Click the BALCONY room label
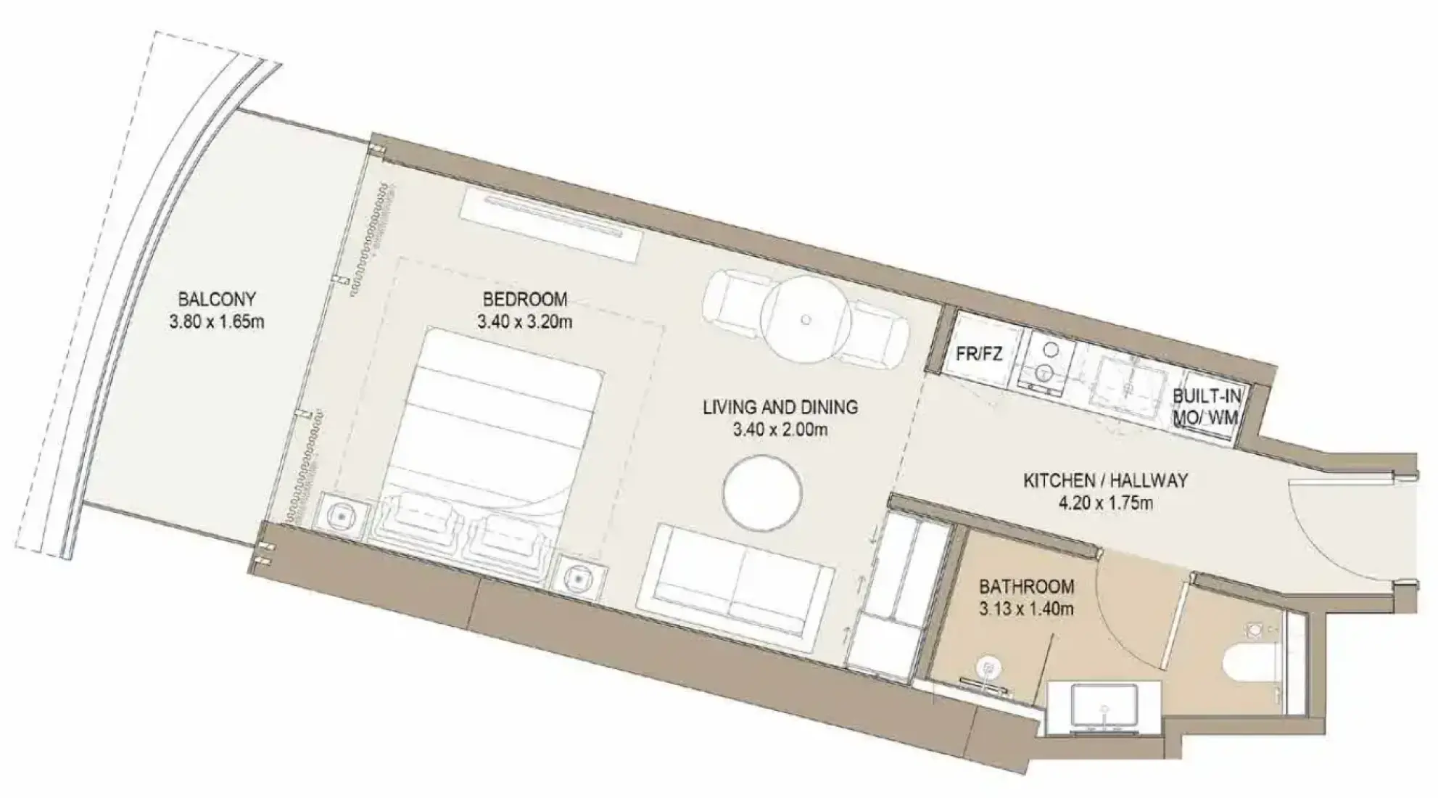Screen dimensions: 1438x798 point(217,299)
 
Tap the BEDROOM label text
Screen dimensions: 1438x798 point(525,299)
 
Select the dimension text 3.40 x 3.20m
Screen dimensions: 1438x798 point(524,321)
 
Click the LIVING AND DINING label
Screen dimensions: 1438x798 point(780,407)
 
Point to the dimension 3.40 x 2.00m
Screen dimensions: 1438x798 point(780,429)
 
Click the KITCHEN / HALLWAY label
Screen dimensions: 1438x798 point(1105,480)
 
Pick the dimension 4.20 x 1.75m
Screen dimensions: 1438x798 point(1105,503)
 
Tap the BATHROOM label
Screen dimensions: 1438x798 point(1026,586)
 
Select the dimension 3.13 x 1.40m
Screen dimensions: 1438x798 point(1026,609)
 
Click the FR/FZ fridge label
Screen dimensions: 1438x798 point(979,354)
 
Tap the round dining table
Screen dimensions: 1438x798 point(809,318)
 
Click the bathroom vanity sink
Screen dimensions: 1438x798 point(1104,707)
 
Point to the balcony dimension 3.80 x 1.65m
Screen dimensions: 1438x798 point(217,321)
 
